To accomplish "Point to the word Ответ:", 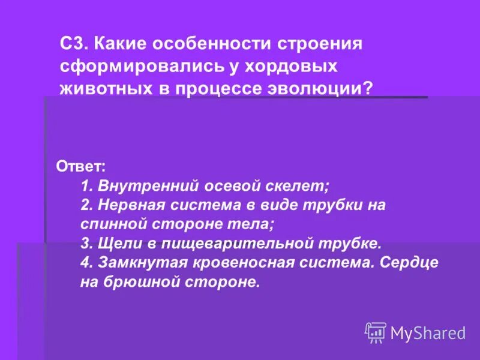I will pos(80,166).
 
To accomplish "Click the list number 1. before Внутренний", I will pos(86,185).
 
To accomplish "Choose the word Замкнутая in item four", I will pos(136,262).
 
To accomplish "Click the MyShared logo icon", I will pos(376,332).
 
